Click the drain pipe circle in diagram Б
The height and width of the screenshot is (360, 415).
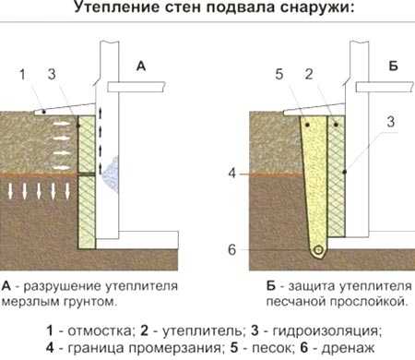tap(318, 250)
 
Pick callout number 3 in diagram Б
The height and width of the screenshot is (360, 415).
tap(391, 122)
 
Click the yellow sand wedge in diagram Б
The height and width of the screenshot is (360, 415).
tap(314, 175)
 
